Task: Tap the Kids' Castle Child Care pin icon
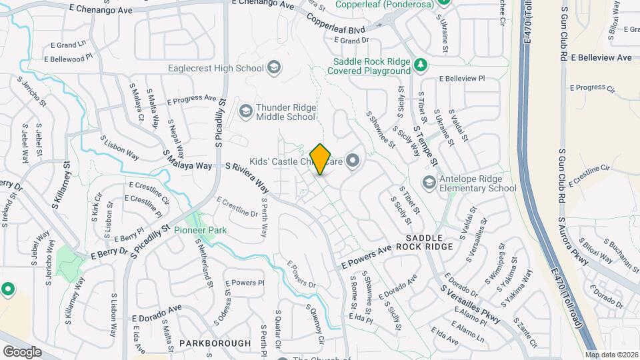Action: [353, 161]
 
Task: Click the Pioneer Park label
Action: [200, 230]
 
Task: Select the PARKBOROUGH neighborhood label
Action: [215, 343]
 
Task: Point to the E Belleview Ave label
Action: [601, 58]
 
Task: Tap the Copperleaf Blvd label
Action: [338, 29]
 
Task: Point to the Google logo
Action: [22, 351]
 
